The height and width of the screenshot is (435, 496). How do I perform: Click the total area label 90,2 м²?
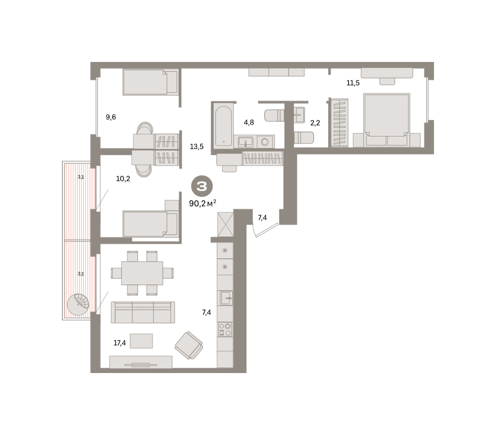click(203, 203)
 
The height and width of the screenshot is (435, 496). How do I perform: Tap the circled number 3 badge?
click(202, 186)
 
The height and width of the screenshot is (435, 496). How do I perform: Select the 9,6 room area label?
click(111, 117)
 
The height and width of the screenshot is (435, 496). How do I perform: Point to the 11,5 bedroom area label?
click(353, 83)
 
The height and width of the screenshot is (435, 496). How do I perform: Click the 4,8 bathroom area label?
click(249, 122)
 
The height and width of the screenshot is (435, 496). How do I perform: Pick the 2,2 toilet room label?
click(315, 123)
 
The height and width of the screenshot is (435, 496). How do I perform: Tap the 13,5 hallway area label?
click(197, 147)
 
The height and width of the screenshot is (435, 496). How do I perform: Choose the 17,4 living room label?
click(119, 343)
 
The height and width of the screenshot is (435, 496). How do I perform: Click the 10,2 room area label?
click(123, 179)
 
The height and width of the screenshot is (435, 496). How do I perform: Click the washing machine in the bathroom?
click(265, 142)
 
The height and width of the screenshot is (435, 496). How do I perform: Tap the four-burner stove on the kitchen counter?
click(225, 329)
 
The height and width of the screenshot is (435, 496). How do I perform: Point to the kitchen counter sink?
click(226, 298)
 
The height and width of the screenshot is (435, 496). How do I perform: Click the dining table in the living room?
click(142, 273)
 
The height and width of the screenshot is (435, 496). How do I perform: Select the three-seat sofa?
click(143, 312)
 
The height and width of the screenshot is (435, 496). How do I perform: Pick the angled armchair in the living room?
click(189, 345)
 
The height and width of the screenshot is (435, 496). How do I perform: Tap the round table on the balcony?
click(78, 304)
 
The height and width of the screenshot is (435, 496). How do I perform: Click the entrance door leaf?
click(267, 230)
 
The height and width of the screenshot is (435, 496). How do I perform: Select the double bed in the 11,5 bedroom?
click(386, 120)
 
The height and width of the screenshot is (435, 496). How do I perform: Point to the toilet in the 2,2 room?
click(303, 138)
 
